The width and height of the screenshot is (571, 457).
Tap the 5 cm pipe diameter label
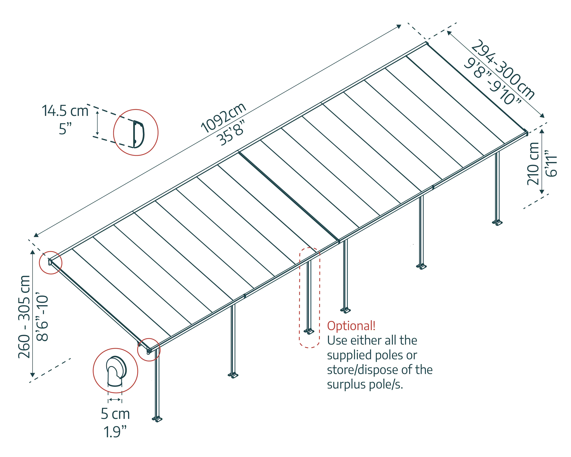[115, 414]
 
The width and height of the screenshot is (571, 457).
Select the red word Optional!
[351, 326]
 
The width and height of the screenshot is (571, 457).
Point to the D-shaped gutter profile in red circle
[138, 134]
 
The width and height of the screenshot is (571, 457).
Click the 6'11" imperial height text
[551, 164]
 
